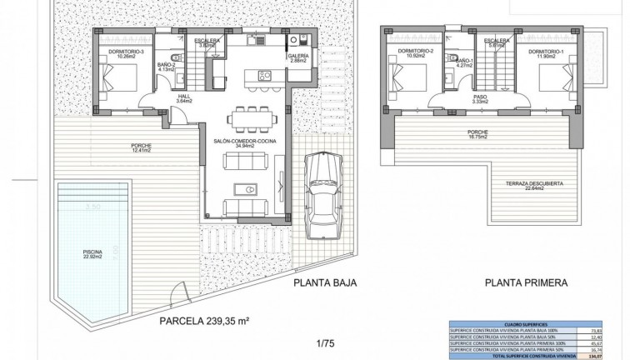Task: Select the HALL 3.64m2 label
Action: [184, 98]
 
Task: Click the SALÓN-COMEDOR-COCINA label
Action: [245, 142]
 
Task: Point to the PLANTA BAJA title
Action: [325, 282]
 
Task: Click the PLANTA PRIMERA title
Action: [526, 282]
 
